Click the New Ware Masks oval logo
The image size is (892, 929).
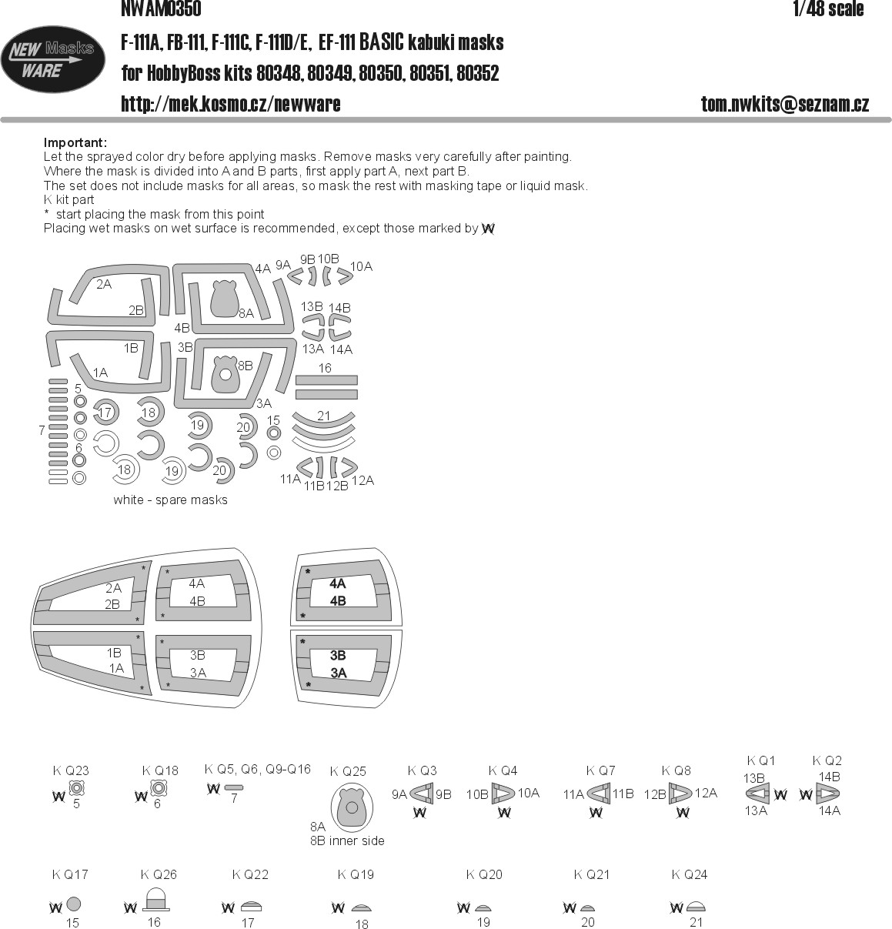(52, 59)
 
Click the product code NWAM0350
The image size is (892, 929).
(161, 8)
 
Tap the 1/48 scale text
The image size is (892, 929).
(828, 8)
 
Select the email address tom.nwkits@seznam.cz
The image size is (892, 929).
(784, 104)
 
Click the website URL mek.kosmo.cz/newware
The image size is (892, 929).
(231, 104)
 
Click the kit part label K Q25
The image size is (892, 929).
(348, 771)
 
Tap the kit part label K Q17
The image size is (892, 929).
(70, 874)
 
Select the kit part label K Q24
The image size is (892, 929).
(689, 874)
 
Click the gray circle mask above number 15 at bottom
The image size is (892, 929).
(73, 904)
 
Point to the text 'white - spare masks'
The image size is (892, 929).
(170, 500)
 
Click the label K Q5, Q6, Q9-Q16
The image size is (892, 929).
(257, 769)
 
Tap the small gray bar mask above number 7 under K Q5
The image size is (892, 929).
(234, 787)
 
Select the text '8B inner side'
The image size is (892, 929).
(347, 840)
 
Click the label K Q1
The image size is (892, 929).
(760, 760)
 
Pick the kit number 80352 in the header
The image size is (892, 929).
(478, 73)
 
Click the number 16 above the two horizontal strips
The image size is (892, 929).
(325, 368)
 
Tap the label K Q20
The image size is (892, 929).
(484, 874)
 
